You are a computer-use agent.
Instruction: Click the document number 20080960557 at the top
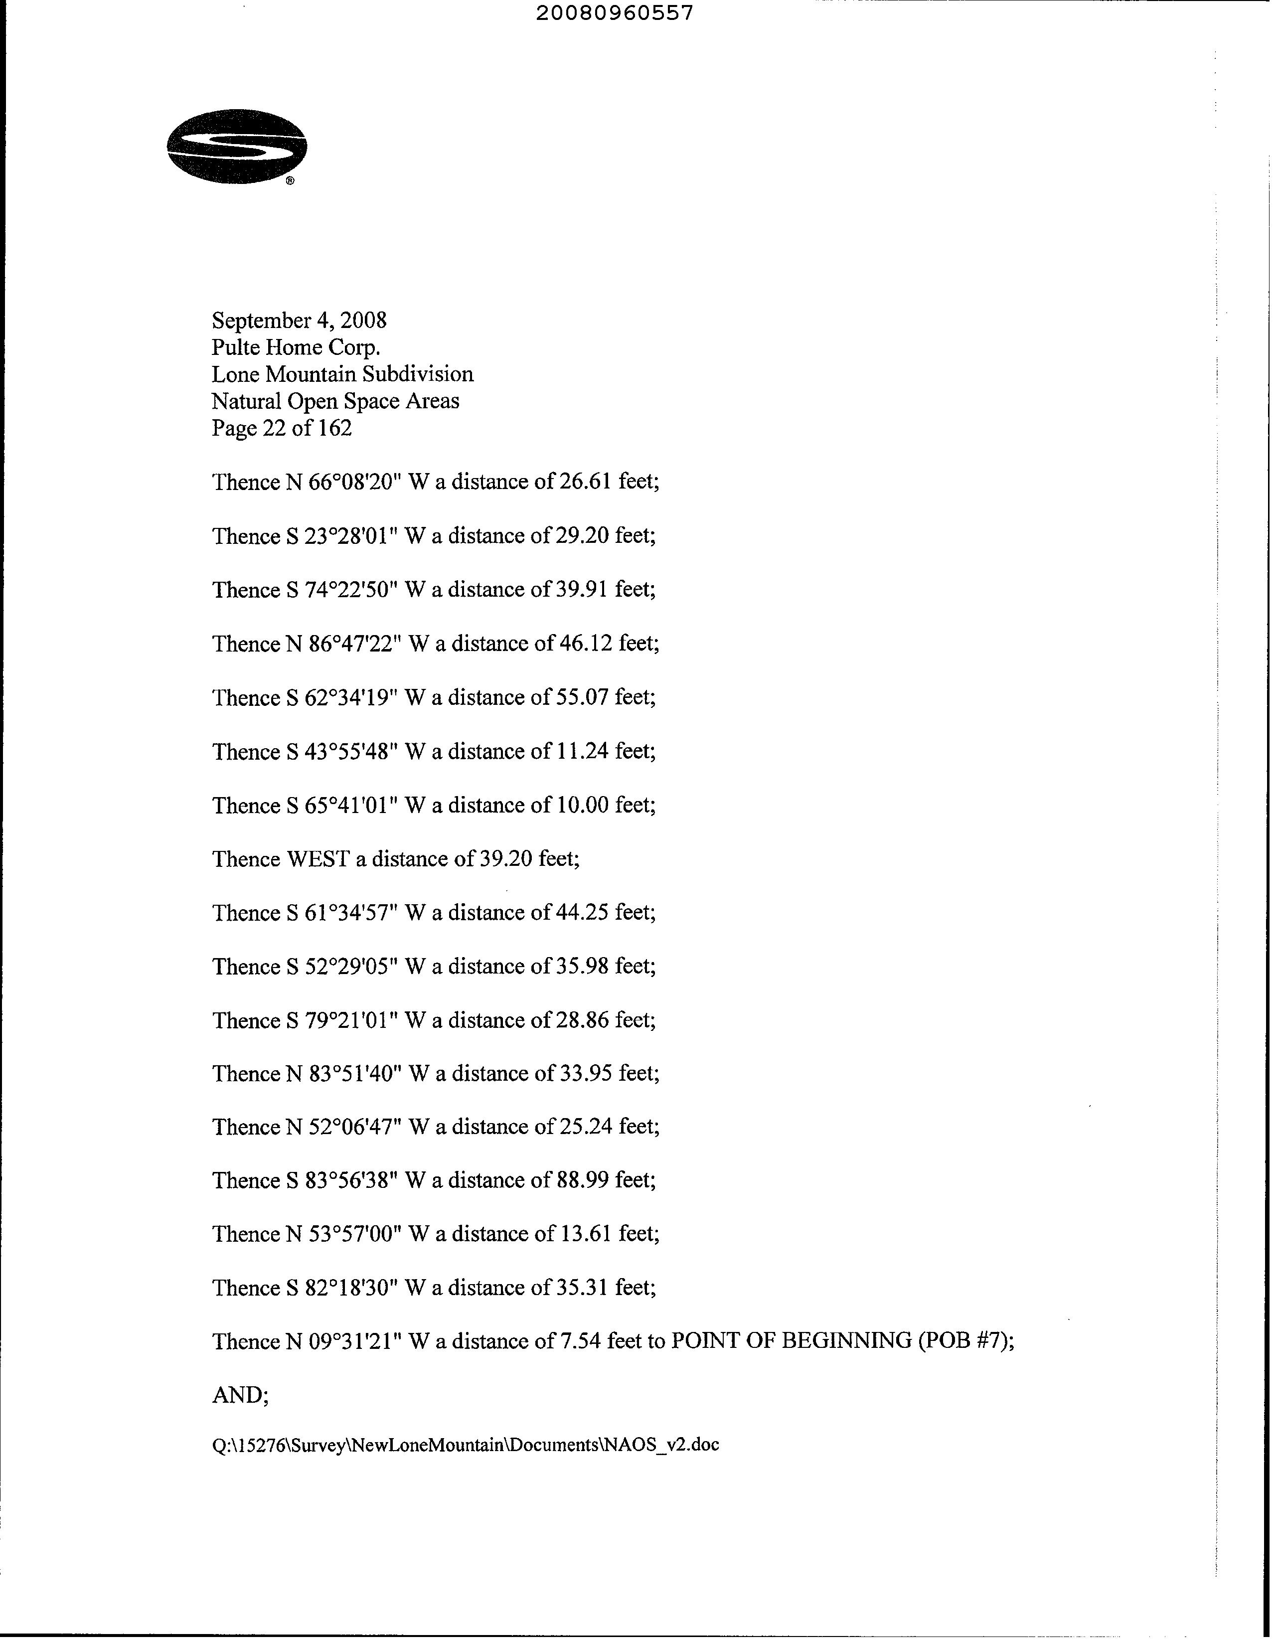(615, 13)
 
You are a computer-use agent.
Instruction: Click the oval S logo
(237, 147)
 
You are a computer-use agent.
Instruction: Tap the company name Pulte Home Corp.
(295, 347)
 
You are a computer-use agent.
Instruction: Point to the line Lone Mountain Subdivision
(342, 375)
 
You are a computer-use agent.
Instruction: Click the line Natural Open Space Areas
(335, 401)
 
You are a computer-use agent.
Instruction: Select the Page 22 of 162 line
(282, 428)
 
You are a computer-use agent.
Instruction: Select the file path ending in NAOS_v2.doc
(466, 1445)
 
